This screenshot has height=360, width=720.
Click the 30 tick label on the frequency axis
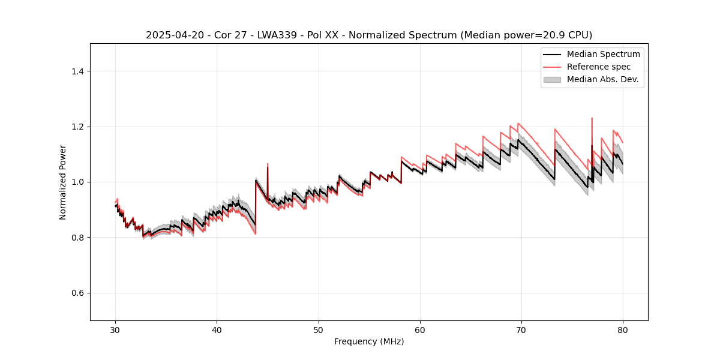point(115,330)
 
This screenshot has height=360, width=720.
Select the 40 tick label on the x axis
point(217,330)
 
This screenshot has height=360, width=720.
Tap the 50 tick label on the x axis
point(318,330)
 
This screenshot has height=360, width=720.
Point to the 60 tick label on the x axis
point(420,330)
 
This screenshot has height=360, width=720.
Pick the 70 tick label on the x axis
point(521,330)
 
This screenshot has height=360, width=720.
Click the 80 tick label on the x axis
point(623,330)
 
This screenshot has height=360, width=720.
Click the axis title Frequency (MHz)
point(369,341)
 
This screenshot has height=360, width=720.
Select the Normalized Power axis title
point(62,182)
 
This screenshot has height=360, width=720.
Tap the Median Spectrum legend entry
point(603,54)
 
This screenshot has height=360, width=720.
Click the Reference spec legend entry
point(599,67)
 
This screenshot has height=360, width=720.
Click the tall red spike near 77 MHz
point(592,119)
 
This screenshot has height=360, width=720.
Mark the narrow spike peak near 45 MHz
point(268,164)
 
